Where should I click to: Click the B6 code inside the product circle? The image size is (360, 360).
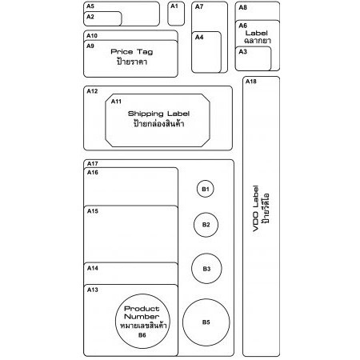142,335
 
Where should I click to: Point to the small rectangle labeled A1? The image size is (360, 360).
176,14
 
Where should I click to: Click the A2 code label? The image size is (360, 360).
90,17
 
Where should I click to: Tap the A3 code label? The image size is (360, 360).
242,51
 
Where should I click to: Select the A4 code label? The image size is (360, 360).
199,37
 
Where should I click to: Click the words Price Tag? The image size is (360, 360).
132,52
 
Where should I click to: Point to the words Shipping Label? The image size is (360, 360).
158,114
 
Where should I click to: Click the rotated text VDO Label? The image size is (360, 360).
255,209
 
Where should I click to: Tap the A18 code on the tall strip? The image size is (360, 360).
251,82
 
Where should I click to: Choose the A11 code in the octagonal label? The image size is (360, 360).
116,102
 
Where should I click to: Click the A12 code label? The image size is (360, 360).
92,91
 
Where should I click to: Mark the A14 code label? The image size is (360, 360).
93,268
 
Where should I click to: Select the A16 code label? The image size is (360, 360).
93,173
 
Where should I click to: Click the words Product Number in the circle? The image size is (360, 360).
142,313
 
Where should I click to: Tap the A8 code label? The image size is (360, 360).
242,7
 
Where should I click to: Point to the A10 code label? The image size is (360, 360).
92,36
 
